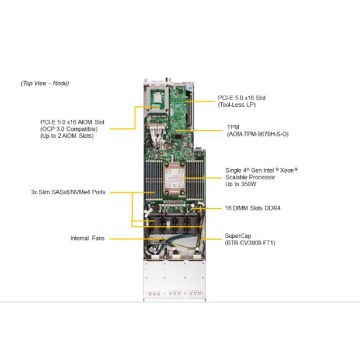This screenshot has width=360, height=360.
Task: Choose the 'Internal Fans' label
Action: click(x=89, y=238)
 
